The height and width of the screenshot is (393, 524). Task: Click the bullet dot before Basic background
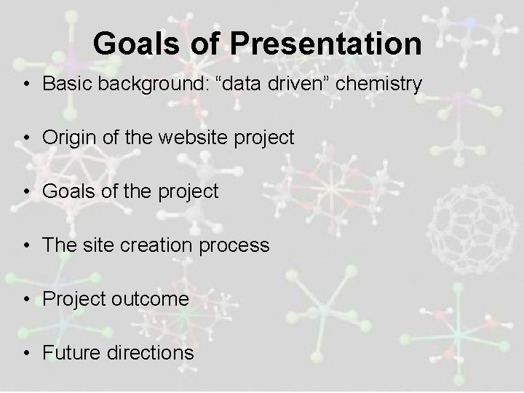tap(25, 84)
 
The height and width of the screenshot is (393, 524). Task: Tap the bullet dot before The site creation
tap(25, 246)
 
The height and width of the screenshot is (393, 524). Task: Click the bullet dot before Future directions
tap(25, 354)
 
